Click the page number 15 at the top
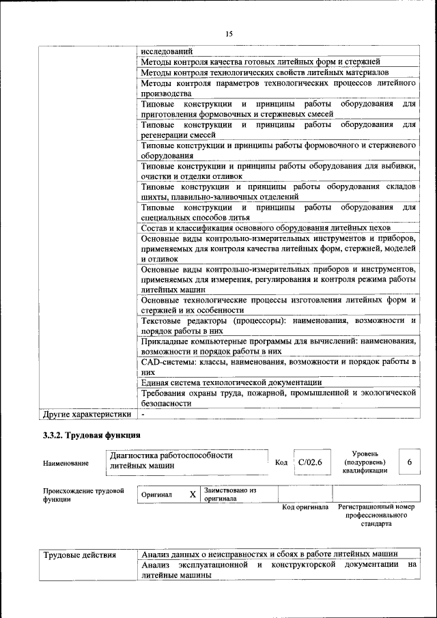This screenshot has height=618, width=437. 228,34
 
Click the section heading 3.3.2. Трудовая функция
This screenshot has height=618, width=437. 91,434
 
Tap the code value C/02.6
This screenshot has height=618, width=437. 310,462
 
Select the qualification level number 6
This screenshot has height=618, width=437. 410,462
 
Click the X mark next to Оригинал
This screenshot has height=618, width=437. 193,494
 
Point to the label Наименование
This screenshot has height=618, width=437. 66,464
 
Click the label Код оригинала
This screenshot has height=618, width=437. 305,507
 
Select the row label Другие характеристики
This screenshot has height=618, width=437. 87,414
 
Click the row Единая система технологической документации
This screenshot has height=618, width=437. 231,382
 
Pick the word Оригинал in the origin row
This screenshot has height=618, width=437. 156,494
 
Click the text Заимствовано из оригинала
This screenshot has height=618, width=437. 230,494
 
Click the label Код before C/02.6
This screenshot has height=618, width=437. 281,463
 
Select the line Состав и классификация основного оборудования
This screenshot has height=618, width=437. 266,227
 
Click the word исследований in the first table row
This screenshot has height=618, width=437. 167,51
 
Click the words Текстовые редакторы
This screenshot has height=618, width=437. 184,320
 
